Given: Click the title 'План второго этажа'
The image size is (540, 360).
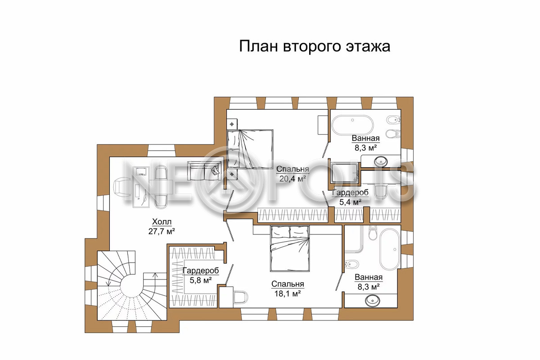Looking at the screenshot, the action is (x=315, y=47).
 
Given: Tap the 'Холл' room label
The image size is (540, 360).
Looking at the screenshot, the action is (x=162, y=221).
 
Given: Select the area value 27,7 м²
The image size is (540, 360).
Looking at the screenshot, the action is (x=162, y=231).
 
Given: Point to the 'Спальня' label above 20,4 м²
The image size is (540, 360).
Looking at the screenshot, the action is (x=292, y=169).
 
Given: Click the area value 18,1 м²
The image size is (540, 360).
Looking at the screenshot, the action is (x=288, y=294).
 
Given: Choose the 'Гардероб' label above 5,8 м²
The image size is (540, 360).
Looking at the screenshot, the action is (x=201, y=270).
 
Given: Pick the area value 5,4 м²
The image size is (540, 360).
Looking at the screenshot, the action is (x=350, y=202).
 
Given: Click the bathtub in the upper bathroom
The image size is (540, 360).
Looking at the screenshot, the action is (x=352, y=125).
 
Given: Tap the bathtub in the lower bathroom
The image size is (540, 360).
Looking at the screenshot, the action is (x=390, y=250).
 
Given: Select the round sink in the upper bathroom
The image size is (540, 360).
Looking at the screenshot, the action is (x=381, y=161).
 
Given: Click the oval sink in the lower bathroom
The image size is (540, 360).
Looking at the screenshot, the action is (x=373, y=301).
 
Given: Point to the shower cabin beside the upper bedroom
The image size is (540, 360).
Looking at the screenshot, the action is (x=345, y=173).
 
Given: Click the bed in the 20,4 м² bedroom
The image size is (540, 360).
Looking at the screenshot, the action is (x=250, y=149).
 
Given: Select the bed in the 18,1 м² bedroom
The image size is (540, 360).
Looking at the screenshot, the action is (x=290, y=248).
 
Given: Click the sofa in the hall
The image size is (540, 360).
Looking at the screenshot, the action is (x=204, y=171).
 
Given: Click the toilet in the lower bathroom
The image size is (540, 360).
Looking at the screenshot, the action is (x=373, y=233).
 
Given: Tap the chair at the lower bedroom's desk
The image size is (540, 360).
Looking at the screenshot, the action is (x=241, y=297).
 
